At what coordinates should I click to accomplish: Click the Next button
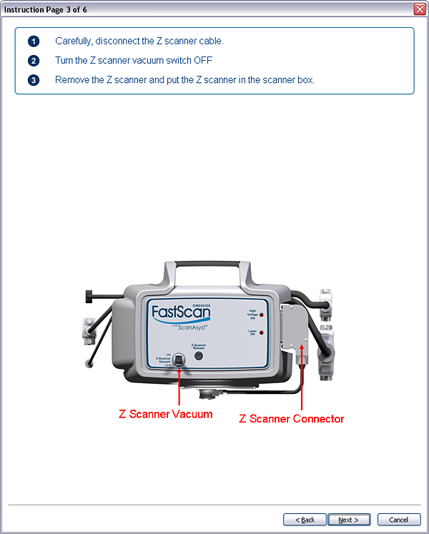point(349,520)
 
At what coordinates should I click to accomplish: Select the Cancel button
point(394,520)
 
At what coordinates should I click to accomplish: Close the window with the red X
point(420,9)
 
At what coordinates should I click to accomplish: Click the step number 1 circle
point(34,41)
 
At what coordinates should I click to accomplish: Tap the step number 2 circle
point(34,61)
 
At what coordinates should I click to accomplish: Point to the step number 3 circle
point(34,80)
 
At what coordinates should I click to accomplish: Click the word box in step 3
point(305,80)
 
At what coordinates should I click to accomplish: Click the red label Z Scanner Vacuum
point(165,414)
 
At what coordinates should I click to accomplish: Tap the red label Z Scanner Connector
point(292,419)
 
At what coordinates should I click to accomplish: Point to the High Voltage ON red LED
point(262,315)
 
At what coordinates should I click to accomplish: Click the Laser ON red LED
point(262,333)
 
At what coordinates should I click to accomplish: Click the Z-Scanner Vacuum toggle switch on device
point(179,360)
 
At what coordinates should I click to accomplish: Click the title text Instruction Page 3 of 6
point(46,9)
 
